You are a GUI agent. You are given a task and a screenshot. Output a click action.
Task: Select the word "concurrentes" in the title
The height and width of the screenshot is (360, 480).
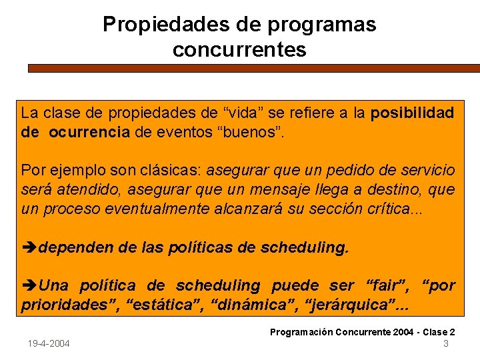tap(239, 50)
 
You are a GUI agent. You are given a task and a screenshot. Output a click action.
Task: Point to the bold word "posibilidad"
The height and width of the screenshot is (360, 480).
tap(412, 113)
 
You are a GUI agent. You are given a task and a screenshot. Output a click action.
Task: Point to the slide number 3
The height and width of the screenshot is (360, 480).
tap(445, 343)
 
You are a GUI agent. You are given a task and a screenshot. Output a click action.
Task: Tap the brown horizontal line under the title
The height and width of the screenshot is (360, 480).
tap(253, 68)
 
